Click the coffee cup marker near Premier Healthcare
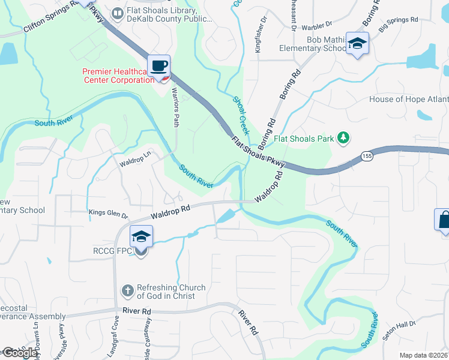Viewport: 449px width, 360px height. click(x=159, y=66)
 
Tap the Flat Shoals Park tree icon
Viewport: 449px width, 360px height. click(x=343, y=139)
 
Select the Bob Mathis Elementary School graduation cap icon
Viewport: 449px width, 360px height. click(x=357, y=44)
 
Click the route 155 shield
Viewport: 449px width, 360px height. click(x=366, y=156)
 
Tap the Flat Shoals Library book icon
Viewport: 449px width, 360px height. click(x=118, y=13)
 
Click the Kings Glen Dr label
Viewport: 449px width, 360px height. click(x=109, y=214)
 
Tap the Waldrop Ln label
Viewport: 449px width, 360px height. click(x=134, y=162)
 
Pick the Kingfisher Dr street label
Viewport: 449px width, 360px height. click(x=258, y=39)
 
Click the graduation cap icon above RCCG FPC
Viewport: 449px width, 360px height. click(x=141, y=235)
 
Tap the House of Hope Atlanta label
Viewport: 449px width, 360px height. click(x=408, y=100)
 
